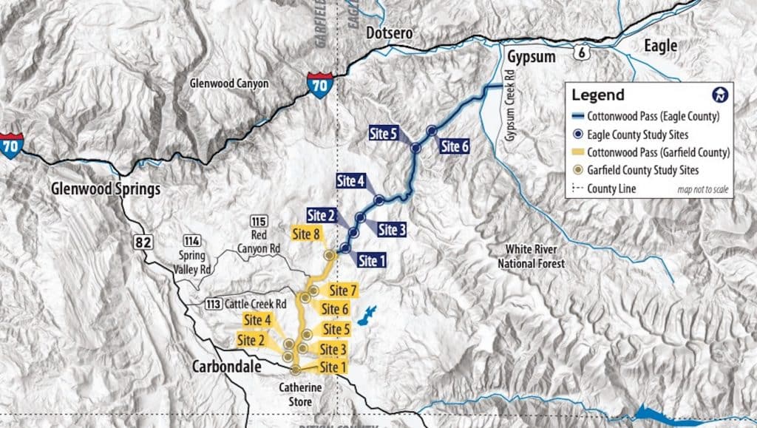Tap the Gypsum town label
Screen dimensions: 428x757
(x=531, y=57)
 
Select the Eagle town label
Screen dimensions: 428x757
(x=660, y=46)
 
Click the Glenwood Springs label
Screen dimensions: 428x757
(x=106, y=190)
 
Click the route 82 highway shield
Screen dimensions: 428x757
(x=143, y=242)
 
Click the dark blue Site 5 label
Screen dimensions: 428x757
(x=384, y=134)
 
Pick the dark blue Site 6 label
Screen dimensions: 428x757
(x=455, y=146)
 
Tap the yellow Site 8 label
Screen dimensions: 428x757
(x=305, y=234)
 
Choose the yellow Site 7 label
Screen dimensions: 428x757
(x=343, y=291)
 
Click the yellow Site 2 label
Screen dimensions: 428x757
(x=251, y=339)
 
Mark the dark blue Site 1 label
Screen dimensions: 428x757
(x=372, y=260)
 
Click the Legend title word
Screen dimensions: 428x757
(x=598, y=95)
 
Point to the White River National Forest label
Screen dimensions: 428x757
(x=531, y=256)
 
